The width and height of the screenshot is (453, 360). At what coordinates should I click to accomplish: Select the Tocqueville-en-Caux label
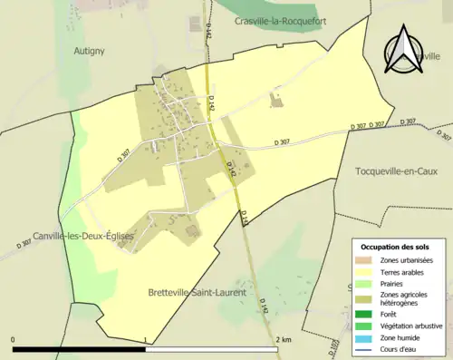coord(397,171)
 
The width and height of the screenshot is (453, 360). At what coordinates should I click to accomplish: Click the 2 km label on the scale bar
coord(285,339)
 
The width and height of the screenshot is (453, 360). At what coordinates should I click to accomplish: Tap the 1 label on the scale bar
coord(146,339)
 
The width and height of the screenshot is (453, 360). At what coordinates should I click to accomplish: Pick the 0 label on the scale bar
coord(13,339)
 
